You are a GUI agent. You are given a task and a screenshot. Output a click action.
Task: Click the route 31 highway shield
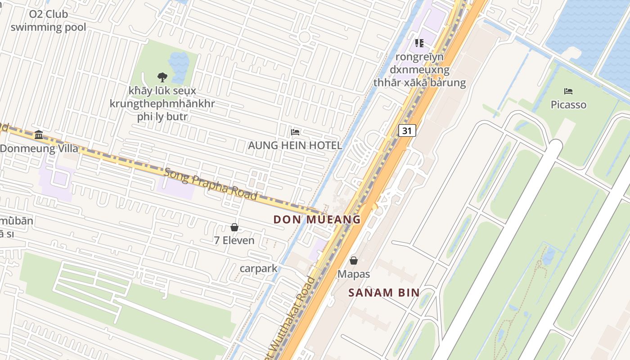[407, 130]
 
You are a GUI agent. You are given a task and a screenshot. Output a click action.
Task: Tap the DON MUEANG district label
[317, 220]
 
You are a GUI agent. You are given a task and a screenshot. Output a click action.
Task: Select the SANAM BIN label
[384, 292]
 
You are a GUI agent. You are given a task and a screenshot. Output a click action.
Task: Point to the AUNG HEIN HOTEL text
[295, 146]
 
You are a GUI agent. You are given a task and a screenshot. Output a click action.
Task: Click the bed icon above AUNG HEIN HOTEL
[295, 132]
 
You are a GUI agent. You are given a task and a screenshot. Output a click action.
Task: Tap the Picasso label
[568, 105]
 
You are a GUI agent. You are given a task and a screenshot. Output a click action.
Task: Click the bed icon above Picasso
[568, 91]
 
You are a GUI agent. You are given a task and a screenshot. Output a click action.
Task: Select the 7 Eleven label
[234, 241]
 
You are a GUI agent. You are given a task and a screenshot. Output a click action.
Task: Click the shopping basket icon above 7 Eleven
[234, 227]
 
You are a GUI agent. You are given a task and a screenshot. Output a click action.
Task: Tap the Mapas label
[354, 274]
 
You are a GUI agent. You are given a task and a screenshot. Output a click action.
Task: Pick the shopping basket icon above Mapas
[354, 261]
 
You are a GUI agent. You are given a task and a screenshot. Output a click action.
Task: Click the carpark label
[258, 269]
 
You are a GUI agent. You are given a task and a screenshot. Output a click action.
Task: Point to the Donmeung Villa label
[39, 148]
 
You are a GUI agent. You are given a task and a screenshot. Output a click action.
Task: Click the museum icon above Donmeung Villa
[39, 135]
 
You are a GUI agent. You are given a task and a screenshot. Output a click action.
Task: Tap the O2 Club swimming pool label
[48, 21]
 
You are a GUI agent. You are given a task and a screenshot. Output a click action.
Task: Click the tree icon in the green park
[162, 77]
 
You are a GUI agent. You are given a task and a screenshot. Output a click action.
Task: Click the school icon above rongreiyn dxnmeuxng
[419, 43]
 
